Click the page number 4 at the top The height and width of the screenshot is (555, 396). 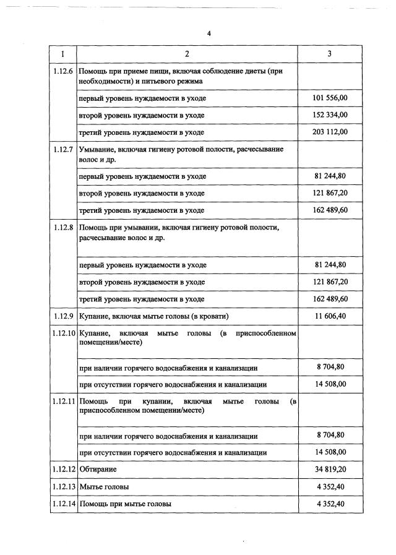point(209,33)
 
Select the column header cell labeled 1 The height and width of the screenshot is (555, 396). point(63,53)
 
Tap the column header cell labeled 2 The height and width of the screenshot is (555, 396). point(187,53)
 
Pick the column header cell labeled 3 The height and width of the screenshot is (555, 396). point(329,53)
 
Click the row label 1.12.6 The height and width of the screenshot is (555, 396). point(64,72)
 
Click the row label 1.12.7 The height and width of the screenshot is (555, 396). point(64,150)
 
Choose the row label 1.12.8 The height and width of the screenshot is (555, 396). point(64,228)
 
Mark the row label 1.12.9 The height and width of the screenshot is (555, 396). point(64,316)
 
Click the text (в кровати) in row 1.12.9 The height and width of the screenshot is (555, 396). point(209,316)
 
